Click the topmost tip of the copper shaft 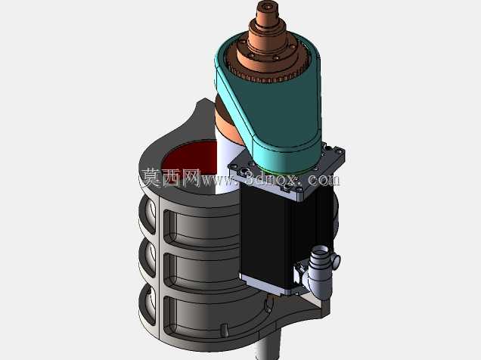pyautogui.click(x=268, y=2)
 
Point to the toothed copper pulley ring pyautogui.click(x=267, y=73)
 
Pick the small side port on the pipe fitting pyautogui.click(x=336, y=261)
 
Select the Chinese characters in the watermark pyautogui.click(x=171, y=178)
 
